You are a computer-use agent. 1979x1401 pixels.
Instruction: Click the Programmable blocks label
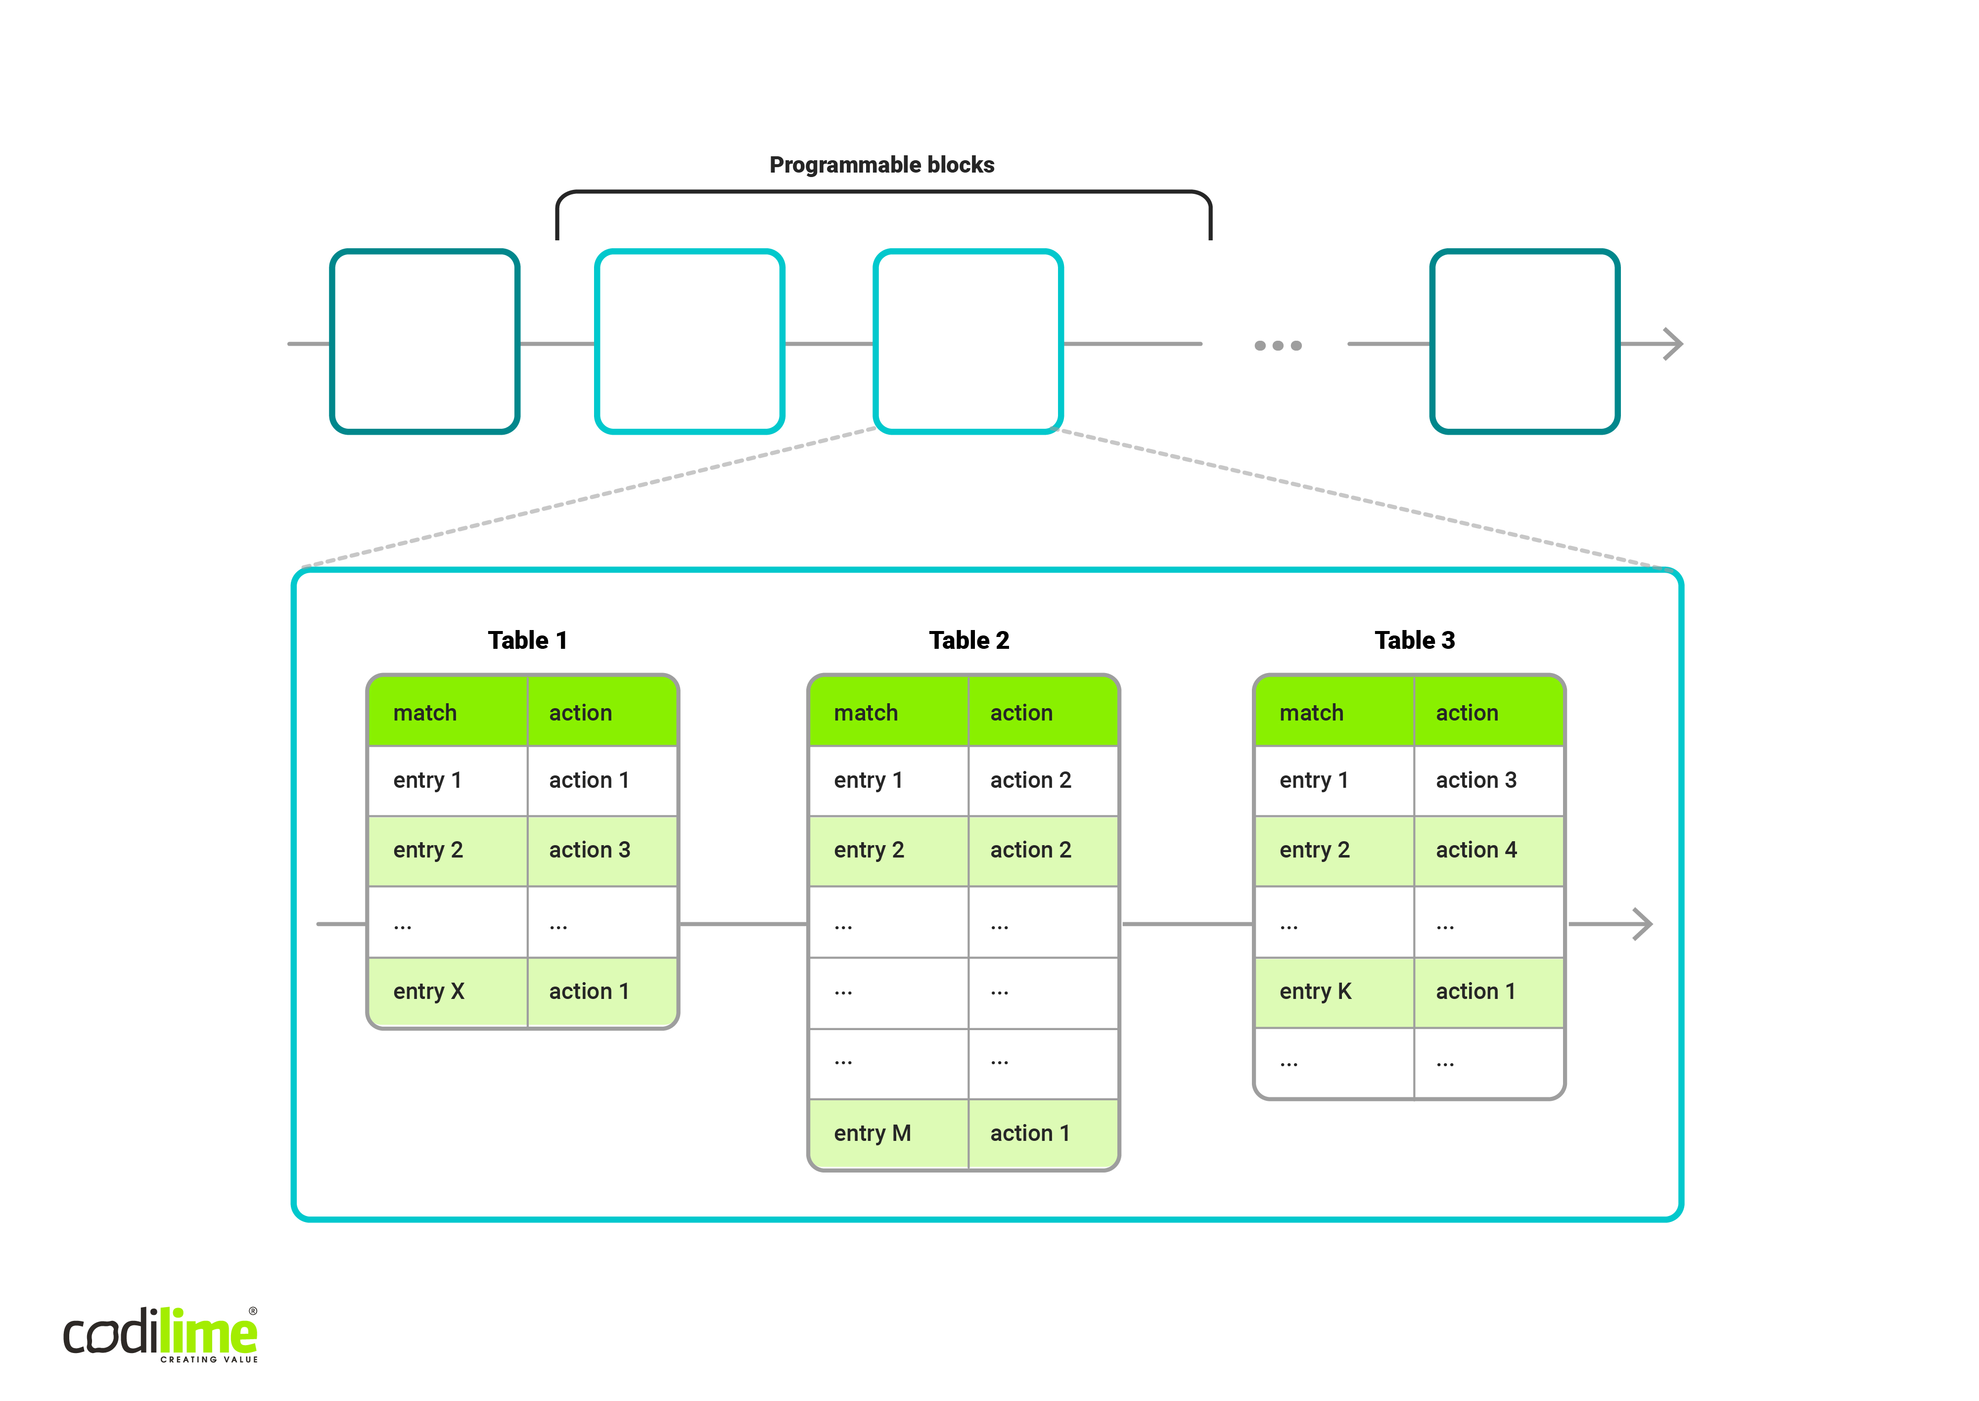(881, 165)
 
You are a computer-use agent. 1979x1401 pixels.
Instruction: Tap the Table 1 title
(527, 640)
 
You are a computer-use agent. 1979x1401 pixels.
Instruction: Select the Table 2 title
(969, 640)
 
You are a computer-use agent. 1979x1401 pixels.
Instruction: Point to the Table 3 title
(1414, 640)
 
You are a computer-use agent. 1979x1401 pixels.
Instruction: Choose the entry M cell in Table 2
(888, 1133)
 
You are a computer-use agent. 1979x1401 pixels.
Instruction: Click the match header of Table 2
(888, 713)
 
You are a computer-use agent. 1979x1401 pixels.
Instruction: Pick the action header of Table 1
(602, 713)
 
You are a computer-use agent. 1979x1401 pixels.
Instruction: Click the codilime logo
(160, 1335)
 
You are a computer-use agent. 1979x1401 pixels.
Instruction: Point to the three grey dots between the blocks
(1278, 345)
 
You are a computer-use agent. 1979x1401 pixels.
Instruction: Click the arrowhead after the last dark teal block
(1674, 344)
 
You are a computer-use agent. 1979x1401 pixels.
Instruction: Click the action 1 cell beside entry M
(1043, 1133)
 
